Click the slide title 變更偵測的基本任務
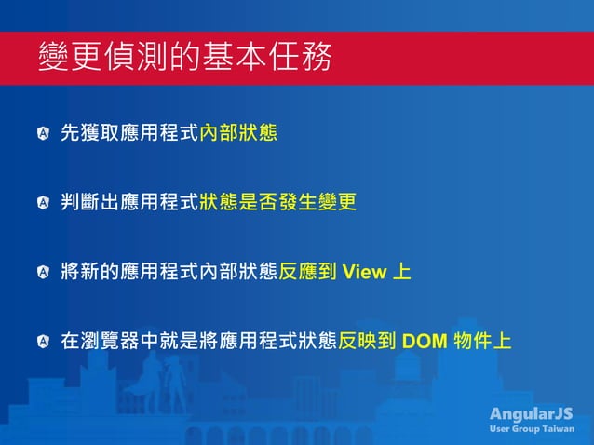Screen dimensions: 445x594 (184, 59)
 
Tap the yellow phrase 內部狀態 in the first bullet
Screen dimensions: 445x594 (238, 133)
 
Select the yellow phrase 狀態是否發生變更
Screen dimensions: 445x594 (277, 203)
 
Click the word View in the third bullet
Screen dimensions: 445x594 (362, 273)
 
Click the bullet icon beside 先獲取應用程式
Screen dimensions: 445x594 (43, 134)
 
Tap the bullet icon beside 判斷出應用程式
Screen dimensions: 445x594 (43, 203)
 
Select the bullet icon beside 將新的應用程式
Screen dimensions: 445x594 (43, 273)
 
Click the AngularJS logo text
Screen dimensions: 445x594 (532, 413)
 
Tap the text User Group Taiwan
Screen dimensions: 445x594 (532, 429)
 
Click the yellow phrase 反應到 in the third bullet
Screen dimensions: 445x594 (308, 273)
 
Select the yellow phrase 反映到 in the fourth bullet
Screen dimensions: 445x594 (367, 342)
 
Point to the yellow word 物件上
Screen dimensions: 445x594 (481, 342)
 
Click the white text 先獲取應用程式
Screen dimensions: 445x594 (129, 133)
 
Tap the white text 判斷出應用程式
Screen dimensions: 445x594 (129, 203)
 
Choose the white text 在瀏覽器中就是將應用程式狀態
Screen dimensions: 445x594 (198, 342)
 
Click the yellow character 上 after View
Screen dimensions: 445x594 (400, 273)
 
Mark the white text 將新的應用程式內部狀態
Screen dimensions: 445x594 (169, 273)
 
